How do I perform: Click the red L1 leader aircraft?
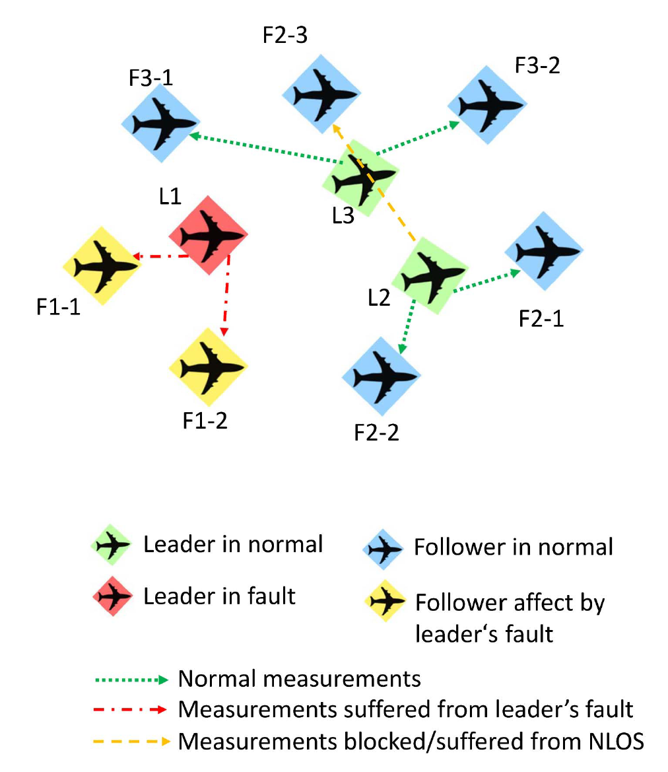[209, 234]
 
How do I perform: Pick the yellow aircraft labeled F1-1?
[102, 265]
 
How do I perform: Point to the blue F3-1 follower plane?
[160, 123]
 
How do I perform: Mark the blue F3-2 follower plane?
[487, 104]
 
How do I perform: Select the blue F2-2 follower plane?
[380, 376]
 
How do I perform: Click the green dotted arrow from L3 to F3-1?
[264, 149]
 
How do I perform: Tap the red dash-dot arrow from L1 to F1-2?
[228, 297]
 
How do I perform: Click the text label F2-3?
[284, 34]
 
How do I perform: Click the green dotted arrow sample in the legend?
[132, 678]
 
